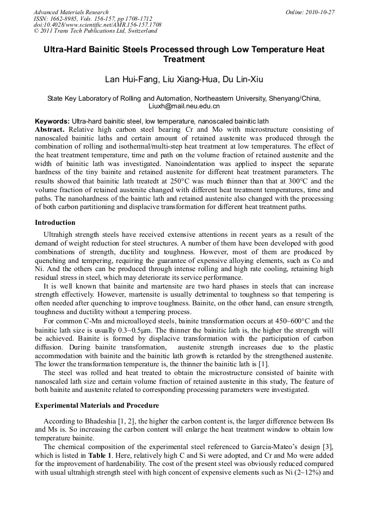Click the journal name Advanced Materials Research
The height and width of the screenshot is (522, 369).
click(x=71, y=12)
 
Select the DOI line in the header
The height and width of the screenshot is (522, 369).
click(x=97, y=25)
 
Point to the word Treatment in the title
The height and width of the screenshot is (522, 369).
click(x=184, y=59)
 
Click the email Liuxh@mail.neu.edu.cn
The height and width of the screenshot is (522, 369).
click(x=184, y=107)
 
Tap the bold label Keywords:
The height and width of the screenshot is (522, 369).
click(x=52, y=121)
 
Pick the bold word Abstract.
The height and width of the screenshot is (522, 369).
click(x=50, y=130)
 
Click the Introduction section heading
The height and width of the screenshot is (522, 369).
click(x=55, y=223)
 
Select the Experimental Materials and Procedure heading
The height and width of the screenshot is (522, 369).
click(x=97, y=406)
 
